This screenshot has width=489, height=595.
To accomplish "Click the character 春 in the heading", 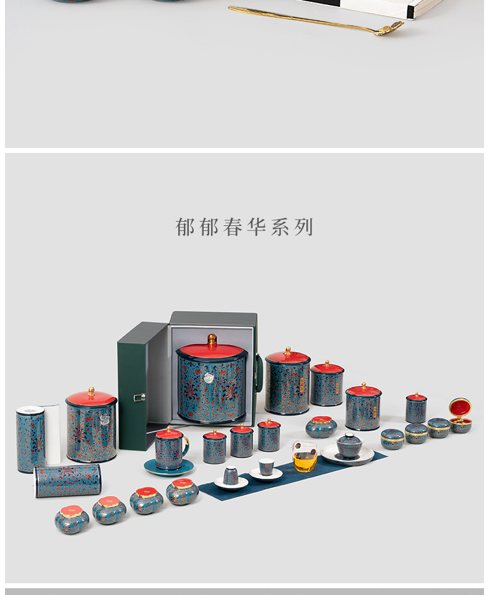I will point(233,227).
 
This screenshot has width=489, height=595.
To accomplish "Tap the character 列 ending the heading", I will point(304,227).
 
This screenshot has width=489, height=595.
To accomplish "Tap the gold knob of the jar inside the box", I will point(212,338).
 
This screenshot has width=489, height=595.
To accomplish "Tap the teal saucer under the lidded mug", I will point(168,468).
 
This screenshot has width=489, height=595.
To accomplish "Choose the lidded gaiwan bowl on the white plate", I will point(349,445).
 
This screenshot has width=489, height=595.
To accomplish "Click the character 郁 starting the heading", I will point(185,227).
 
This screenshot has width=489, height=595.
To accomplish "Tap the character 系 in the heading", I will point(280,227).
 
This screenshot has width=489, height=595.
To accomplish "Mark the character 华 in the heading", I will point(256,227).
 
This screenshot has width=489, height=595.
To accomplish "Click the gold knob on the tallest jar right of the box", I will point(287,350).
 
